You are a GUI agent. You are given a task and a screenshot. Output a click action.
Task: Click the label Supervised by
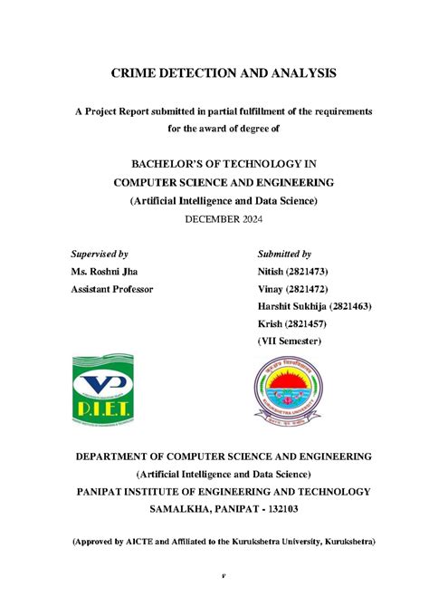coord(100,254)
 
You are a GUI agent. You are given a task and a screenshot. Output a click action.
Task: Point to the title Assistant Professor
coord(112,289)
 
